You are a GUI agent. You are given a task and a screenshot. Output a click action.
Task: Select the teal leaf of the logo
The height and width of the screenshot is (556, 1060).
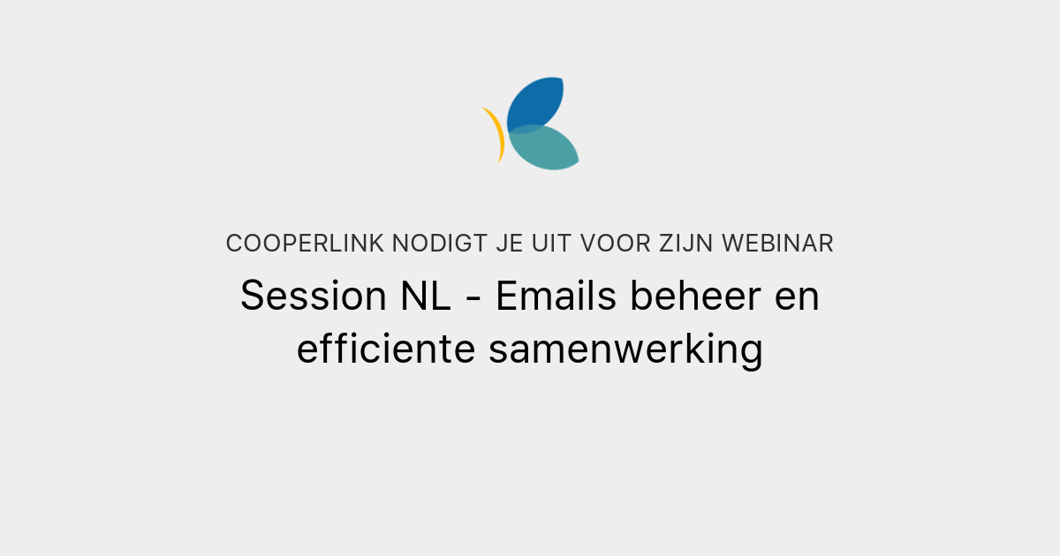click(546, 148)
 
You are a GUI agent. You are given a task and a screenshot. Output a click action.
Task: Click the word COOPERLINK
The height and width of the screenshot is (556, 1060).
click(304, 244)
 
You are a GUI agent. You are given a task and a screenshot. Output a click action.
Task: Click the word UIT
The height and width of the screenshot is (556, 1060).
click(551, 244)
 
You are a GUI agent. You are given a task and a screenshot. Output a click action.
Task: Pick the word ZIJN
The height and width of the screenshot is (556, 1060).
click(688, 244)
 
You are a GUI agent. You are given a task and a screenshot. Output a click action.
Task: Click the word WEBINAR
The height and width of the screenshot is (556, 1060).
click(777, 244)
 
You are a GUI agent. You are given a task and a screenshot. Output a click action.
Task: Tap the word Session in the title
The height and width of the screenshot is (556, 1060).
click(307, 296)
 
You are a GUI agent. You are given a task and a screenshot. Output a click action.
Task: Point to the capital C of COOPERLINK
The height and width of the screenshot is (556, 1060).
click(234, 244)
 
